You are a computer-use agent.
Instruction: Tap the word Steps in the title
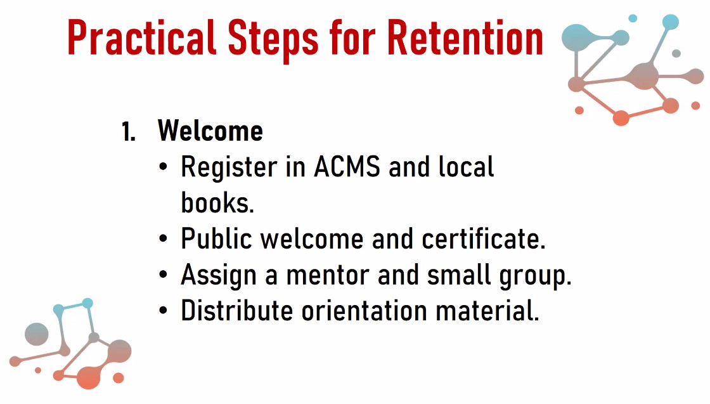[x=273, y=41]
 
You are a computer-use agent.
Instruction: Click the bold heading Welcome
[x=210, y=131]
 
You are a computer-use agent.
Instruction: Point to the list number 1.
[x=129, y=132]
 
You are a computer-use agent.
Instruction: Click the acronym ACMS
[x=347, y=167]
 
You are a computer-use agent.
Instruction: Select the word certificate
[x=484, y=238]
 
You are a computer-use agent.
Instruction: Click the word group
[x=535, y=277]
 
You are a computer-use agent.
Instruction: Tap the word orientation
[x=365, y=311]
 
